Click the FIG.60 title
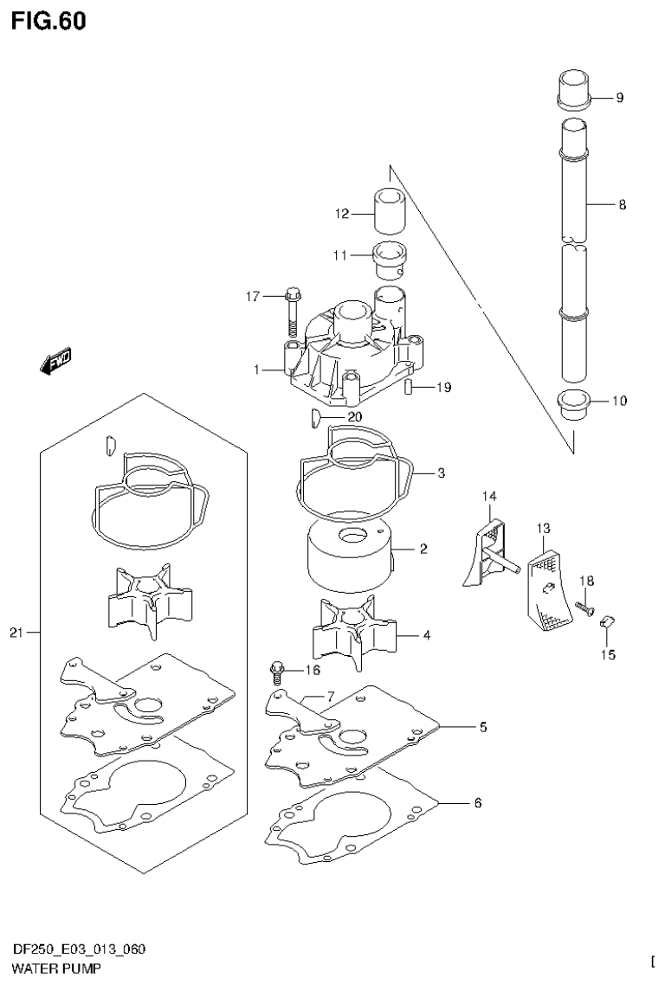[x=49, y=22]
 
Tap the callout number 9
[x=619, y=98]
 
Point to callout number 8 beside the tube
[x=622, y=205]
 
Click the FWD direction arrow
[x=55, y=362]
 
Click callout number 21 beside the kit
[x=16, y=633]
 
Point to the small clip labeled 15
[x=606, y=621]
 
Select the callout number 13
[x=543, y=527]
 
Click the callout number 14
[x=489, y=496]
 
